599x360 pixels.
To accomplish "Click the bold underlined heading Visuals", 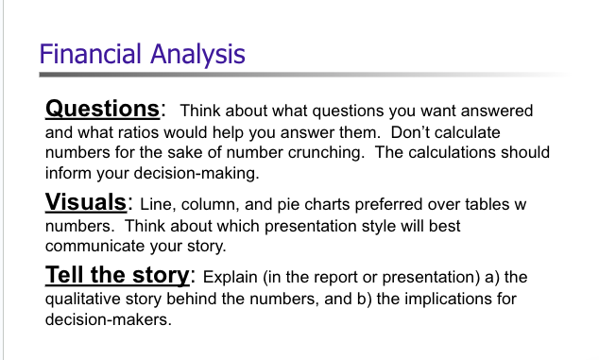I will point(86,202).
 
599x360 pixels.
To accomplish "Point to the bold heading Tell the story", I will point(118,276).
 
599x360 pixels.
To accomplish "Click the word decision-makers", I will point(105,320).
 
